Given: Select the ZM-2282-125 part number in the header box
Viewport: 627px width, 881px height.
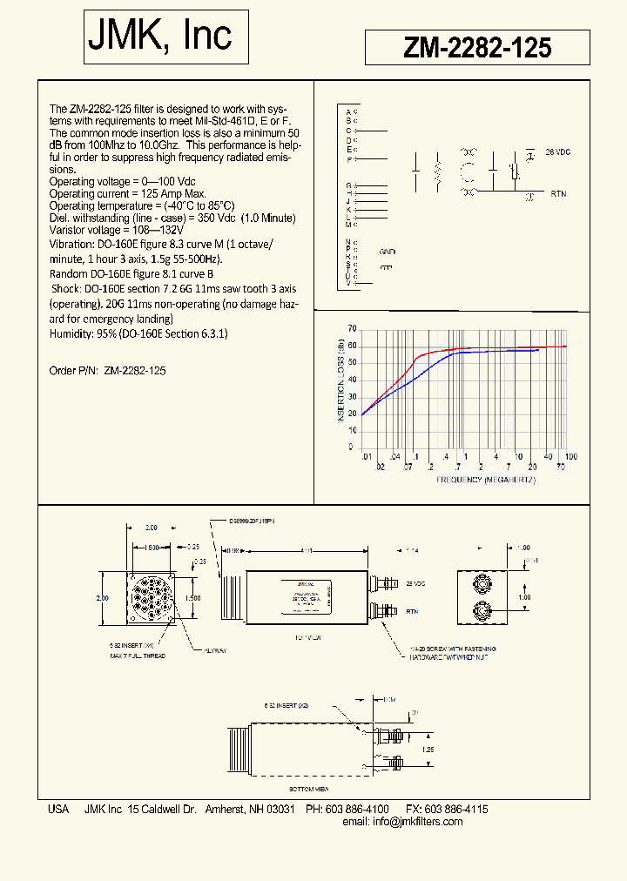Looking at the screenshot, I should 477,48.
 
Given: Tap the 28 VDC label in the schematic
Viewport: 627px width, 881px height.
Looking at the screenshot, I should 556,151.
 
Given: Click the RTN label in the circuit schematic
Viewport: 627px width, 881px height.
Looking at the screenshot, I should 558,195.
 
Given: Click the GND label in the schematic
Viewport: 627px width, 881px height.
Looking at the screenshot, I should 387,252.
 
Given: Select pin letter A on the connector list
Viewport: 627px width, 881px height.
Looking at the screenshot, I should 348,112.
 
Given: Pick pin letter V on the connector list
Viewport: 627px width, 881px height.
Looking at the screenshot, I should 348,283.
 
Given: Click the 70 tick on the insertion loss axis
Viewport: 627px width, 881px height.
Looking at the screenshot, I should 352,328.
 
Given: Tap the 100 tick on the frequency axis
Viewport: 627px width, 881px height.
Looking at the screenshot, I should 570,457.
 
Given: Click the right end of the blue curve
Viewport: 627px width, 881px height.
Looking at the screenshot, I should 538,350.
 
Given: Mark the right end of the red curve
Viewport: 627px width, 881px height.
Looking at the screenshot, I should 567,346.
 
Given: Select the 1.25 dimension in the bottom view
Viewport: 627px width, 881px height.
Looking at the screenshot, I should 428,748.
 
